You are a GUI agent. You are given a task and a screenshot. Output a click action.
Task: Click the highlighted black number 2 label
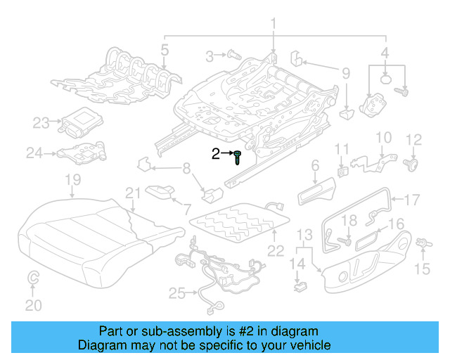tap(216, 153)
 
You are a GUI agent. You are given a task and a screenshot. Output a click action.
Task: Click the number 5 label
tap(164, 49)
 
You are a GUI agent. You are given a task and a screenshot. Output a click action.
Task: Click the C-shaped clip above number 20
tap(33, 281)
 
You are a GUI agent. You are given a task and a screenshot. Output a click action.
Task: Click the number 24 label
tap(34, 152)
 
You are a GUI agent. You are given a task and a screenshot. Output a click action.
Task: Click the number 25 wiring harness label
tap(174, 293)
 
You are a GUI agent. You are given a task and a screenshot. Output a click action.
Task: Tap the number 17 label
tap(411, 198)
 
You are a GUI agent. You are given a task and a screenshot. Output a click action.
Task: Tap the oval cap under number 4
tap(386, 79)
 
